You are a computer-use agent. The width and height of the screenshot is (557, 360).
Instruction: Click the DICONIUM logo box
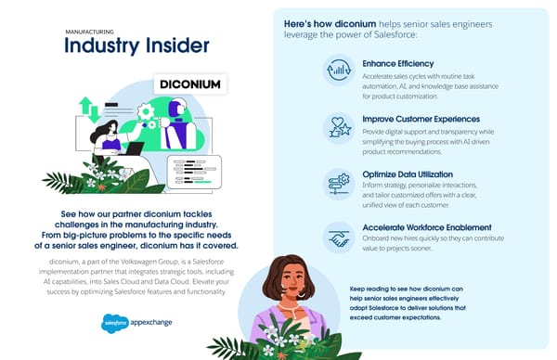click(188, 84)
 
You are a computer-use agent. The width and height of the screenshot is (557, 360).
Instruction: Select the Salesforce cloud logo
click(115, 324)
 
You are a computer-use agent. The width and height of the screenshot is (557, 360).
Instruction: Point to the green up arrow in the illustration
click(87, 104)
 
